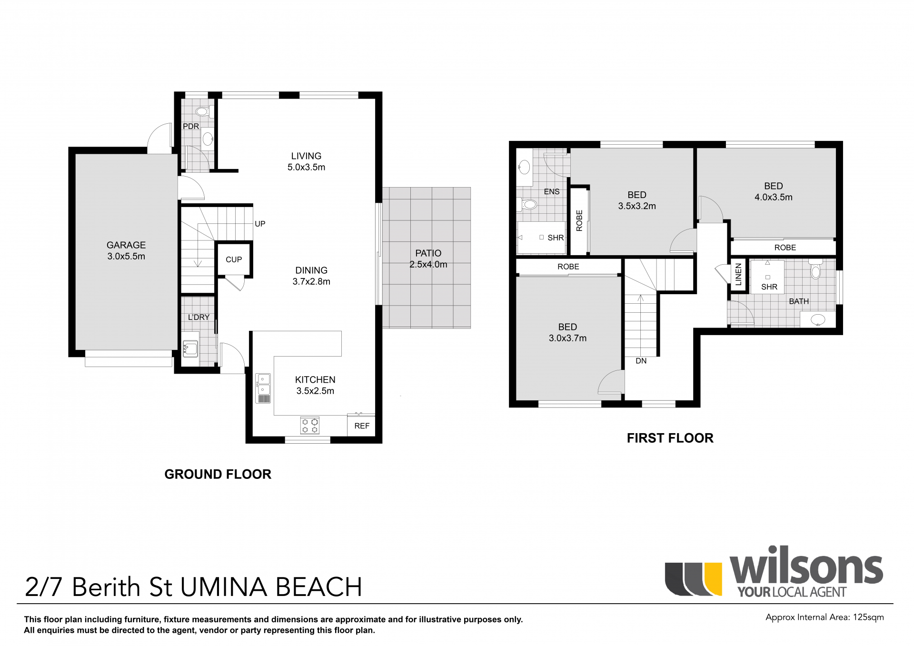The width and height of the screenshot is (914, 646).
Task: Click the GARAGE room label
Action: tap(126, 245)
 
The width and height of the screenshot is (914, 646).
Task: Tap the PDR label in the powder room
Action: tap(191, 127)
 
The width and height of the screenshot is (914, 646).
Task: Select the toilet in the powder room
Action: tap(203, 112)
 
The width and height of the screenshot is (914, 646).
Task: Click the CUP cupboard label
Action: tap(234, 259)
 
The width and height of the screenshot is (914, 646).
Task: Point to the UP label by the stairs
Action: tap(260, 224)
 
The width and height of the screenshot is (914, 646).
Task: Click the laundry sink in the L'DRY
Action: tap(190, 349)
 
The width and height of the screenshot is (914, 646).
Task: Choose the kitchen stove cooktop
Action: tap(310, 426)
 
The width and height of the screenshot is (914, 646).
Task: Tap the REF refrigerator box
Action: tap(361, 426)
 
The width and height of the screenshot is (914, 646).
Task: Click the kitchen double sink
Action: tap(263, 388)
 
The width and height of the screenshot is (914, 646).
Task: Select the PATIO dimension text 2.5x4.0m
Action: tap(428, 265)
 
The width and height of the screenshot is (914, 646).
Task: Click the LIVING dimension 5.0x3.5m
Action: tap(306, 168)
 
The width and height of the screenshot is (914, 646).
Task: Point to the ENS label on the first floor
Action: tap(552, 192)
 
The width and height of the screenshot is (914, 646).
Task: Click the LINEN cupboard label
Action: tap(738, 275)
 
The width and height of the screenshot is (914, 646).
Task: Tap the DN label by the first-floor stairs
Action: tap(641, 361)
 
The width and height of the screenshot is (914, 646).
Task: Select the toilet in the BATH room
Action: tap(816, 269)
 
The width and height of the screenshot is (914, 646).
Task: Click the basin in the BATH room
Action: tap(818, 319)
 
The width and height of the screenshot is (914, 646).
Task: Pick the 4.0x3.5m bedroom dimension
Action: tap(774, 198)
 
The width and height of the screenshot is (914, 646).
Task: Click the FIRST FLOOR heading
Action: tap(670, 438)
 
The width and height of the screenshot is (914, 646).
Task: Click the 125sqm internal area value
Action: tap(867, 617)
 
